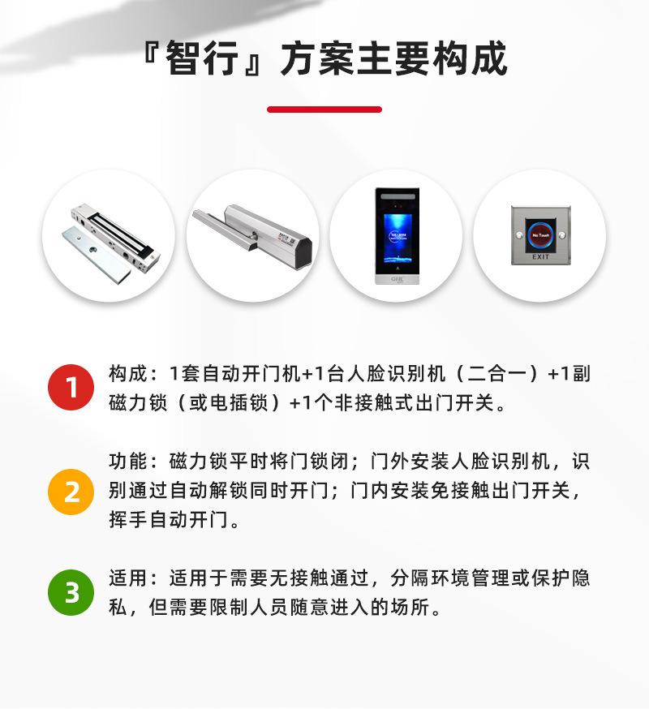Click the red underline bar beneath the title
tap(324, 110)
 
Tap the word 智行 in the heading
tap(199, 58)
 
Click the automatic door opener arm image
tap(252, 235)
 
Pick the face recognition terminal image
tap(396, 235)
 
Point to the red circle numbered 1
tap(71, 387)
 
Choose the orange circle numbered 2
tap(71, 491)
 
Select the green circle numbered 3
tap(71, 592)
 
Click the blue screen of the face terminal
tap(396, 230)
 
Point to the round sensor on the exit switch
tap(540, 234)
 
